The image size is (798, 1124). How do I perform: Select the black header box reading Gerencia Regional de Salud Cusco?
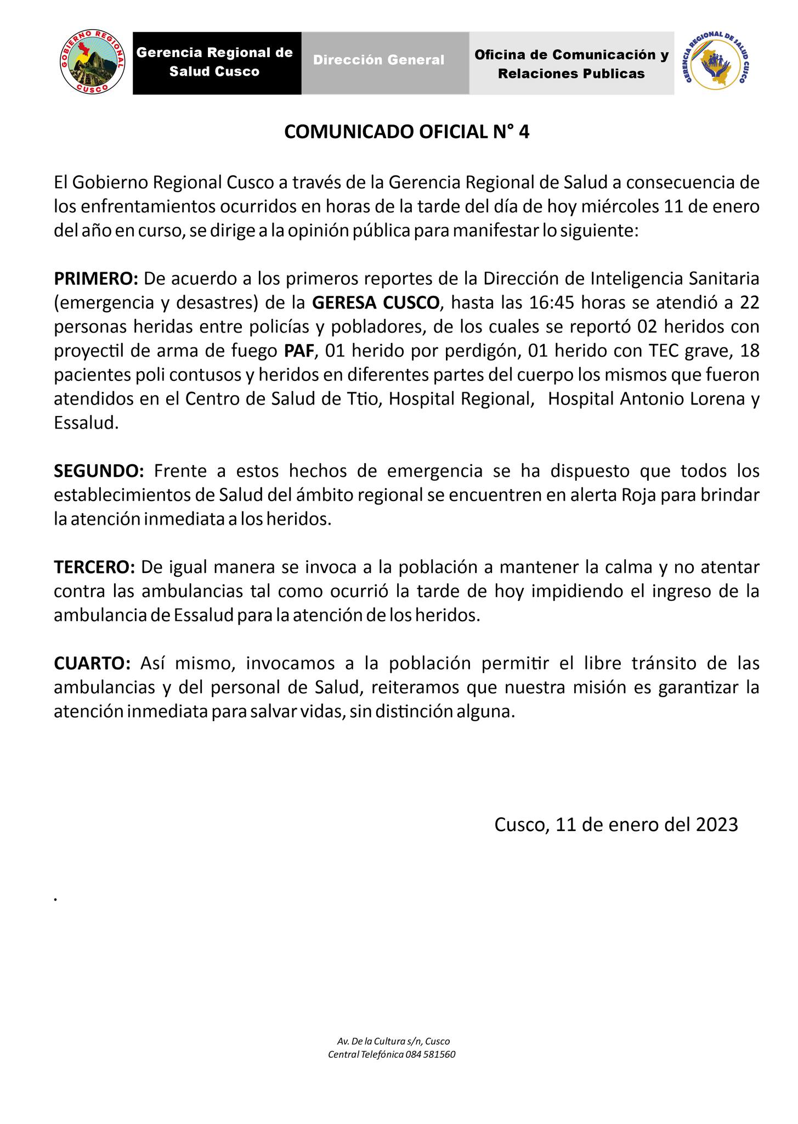[x=217, y=63]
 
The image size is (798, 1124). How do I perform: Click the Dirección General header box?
[x=385, y=63]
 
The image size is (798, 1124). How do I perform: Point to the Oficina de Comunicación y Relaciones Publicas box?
[x=571, y=63]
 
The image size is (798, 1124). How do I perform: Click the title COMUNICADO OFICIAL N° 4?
[x=406, y=132]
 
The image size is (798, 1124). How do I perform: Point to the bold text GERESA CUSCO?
[x=376, y=303]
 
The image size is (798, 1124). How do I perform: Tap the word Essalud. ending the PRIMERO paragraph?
[x=86, y=423]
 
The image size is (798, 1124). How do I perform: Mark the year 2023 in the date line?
[x=717, y=824]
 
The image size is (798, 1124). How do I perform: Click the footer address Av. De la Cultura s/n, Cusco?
[x=393, y=1041]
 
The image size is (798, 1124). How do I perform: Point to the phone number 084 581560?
[x=431, y=1054]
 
